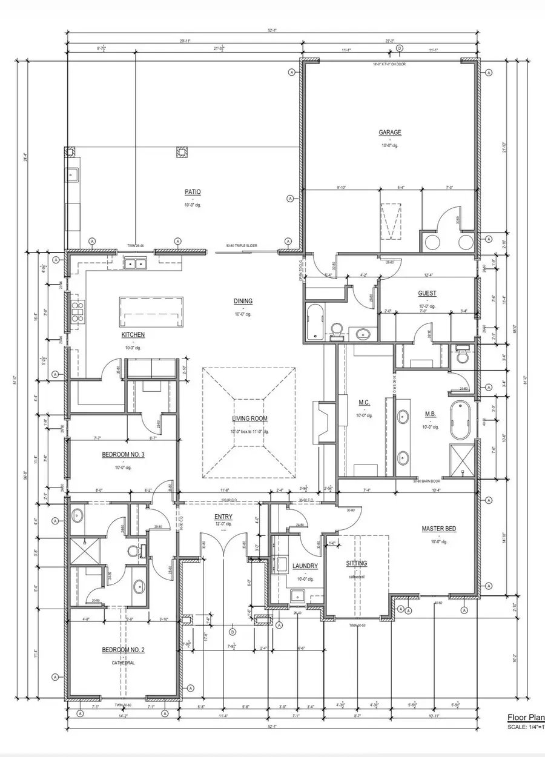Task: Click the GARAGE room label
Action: click(390, 133)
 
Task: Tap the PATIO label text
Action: click(193, 192)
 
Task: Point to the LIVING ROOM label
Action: click(249, 418)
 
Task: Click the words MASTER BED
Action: click(439, 529)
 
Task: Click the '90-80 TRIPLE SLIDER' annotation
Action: click(241, 246)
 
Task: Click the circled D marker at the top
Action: click(399, 48)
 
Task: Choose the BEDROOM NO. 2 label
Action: click(123, 650)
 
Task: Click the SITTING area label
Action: click(356, 563)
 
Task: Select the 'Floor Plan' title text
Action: click(525, 718)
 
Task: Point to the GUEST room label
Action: click(427, 294)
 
